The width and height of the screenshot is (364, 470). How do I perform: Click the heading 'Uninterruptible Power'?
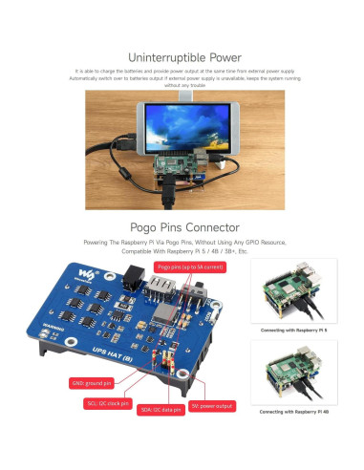pyautogui.click(x=182, y=56)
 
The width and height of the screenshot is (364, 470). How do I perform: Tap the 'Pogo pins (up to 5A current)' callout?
pyautogui.click(x=190, y=268)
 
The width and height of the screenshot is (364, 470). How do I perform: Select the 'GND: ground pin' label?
pyautogui.click(x=93, y=382)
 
